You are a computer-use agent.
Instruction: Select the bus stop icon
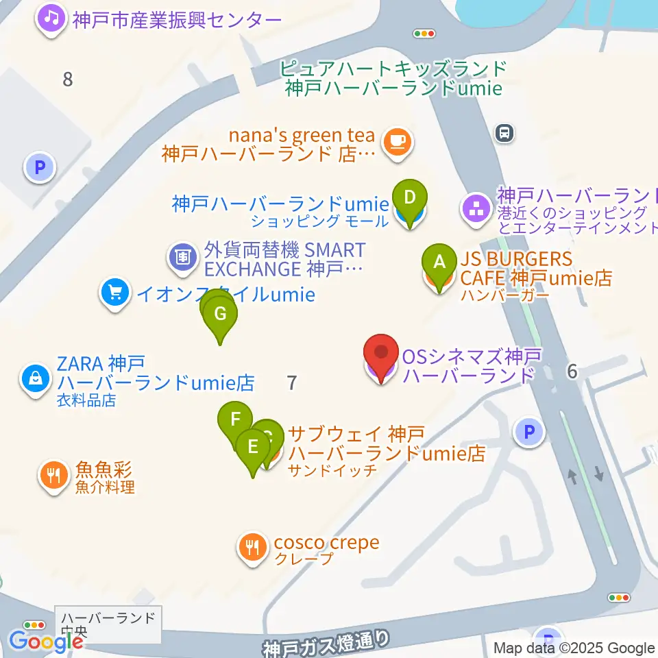coord(504,133)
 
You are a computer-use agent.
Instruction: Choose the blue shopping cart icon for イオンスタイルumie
coord(114,294)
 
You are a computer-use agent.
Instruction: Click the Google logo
coord(46,642)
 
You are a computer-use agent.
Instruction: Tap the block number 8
coord(67,79)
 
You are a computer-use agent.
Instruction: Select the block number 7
coord(293,382)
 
